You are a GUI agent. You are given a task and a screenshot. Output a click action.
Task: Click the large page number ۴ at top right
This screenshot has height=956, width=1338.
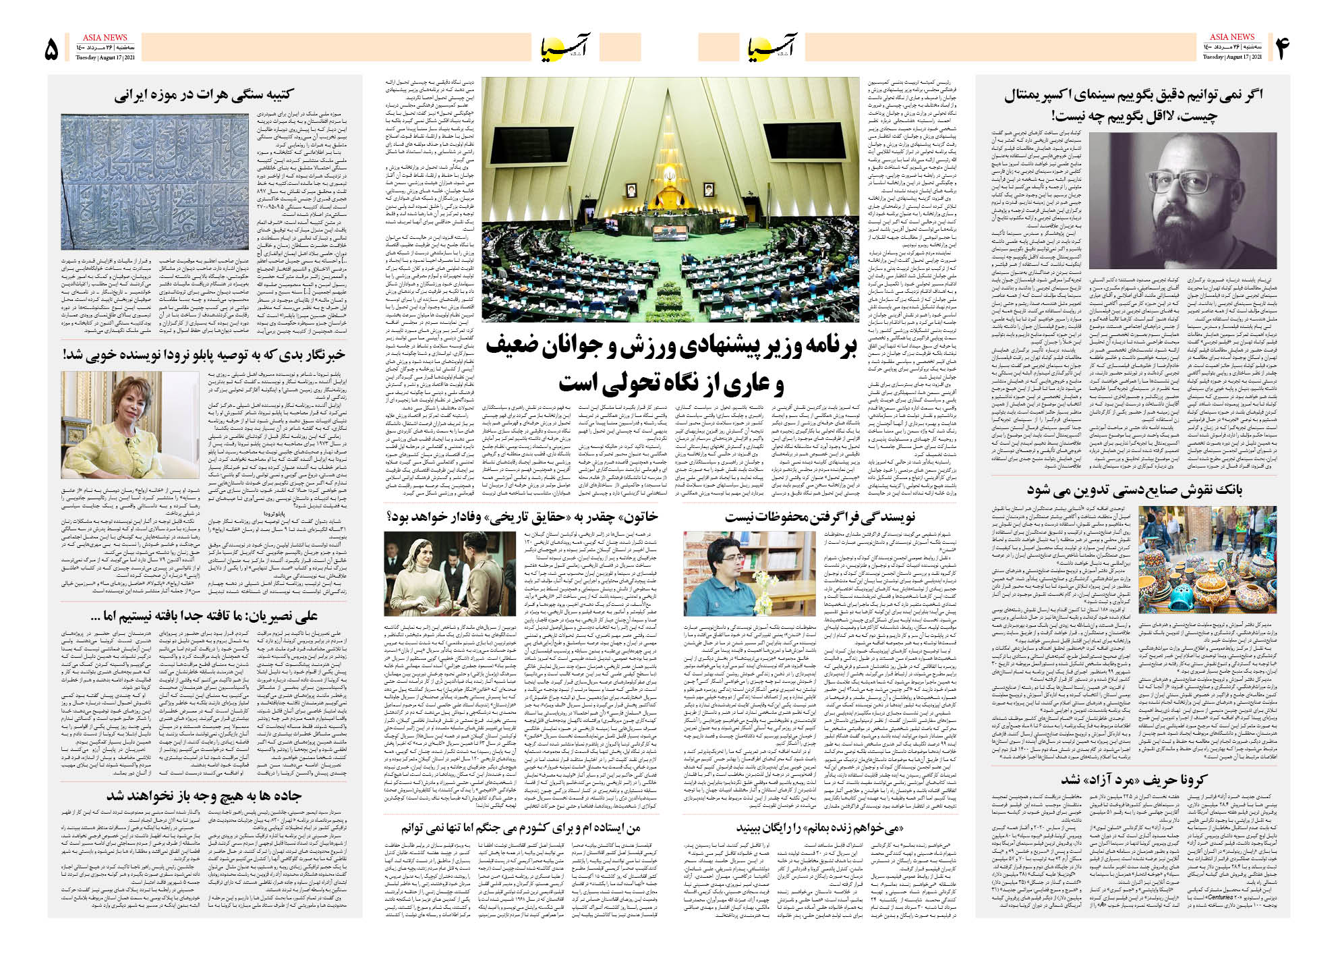coord(1281,49)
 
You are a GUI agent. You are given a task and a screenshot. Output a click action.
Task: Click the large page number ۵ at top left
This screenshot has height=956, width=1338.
coord(52,49)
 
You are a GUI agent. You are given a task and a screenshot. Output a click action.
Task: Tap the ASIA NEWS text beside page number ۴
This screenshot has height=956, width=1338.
coord(1231,37)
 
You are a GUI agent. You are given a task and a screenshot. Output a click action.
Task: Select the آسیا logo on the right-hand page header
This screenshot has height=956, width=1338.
coord(772,48)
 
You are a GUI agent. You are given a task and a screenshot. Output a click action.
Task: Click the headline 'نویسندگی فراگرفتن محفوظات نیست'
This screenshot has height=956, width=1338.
coord(819,517)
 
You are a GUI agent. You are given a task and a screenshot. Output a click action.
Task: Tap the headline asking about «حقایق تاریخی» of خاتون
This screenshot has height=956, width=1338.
coord(521,517)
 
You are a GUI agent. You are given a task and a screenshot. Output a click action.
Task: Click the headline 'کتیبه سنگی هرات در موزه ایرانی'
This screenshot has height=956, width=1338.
coord(204,95)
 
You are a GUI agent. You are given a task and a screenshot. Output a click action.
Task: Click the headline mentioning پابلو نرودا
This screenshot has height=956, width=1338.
coord(204,354)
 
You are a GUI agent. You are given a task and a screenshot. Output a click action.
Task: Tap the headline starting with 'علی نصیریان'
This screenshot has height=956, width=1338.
coord(204,615)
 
